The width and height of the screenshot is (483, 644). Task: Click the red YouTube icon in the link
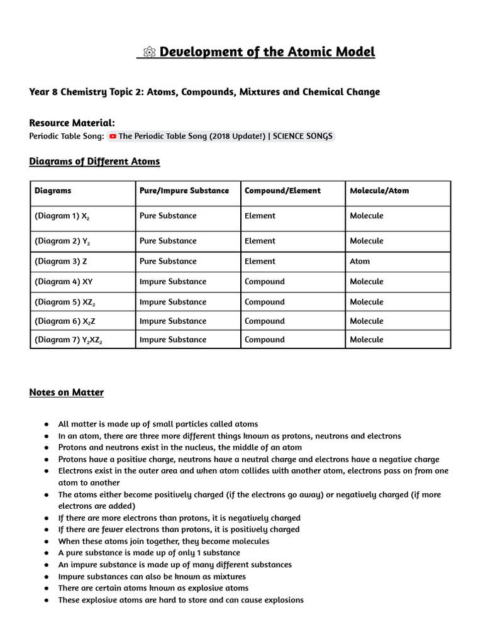(x=113, y=136)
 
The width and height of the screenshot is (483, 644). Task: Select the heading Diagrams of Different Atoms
(x=94, y=162)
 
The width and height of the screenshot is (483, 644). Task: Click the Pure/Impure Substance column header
(x=184, y=191)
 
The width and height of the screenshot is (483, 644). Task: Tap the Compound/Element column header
(x=282, y=191)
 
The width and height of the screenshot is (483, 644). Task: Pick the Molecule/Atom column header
(x=379, y=191)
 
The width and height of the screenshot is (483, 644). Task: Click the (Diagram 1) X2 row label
(x=66, y=216)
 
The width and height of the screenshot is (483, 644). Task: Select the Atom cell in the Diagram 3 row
(x=360, y=261)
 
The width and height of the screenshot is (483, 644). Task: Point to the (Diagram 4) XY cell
(x=64, y=282)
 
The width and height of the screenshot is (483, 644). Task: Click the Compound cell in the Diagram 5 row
(x=264, y=302)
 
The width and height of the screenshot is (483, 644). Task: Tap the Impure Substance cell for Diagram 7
(x=172, y=340)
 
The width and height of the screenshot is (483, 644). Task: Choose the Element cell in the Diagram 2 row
(x=260, y=241)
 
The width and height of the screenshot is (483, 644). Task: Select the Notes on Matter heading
(x=66, y=392)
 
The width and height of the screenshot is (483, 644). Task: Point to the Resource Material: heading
(x=72, y=123)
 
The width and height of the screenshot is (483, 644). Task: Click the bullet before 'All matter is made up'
(x=47, y=425)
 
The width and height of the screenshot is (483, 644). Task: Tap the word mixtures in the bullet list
(x=229, y=577)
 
